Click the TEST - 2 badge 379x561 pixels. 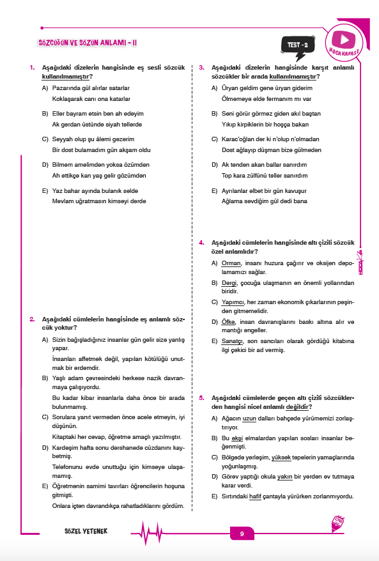pos(298,45)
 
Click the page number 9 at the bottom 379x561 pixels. pos(242,534)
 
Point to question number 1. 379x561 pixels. pos(32,67)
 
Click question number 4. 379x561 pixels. pos(201,243)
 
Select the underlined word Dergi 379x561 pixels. pos(229,282)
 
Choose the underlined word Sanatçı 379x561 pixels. pos(232,341)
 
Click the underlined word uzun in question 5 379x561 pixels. pos(249,418)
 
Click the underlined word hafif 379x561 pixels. pos(256,496)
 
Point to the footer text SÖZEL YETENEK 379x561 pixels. pos(86,533)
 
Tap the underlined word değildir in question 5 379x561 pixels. pos(298,406)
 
